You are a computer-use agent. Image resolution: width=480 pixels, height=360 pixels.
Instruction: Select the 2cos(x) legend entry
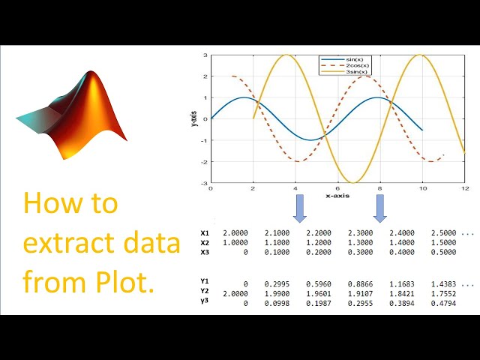(x=358, y=65)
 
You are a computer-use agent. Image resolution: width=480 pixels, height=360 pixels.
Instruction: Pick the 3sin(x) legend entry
(x=358, y=72)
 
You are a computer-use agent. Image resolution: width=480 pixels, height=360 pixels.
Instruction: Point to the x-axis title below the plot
(x=337, y=195)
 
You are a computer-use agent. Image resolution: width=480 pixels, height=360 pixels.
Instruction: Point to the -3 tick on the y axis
(x=205, y=183)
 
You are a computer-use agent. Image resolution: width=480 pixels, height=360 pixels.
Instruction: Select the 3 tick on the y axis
(x=205, y=55)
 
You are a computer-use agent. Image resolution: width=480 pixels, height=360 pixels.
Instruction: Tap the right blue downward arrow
(x=380, y=208)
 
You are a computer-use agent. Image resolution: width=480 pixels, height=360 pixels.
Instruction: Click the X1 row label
(x=205, y=233)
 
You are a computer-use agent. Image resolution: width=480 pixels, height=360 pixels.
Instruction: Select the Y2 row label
(x=205, y=290)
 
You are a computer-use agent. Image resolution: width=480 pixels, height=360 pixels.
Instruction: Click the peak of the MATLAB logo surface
(x=92, y=74)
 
